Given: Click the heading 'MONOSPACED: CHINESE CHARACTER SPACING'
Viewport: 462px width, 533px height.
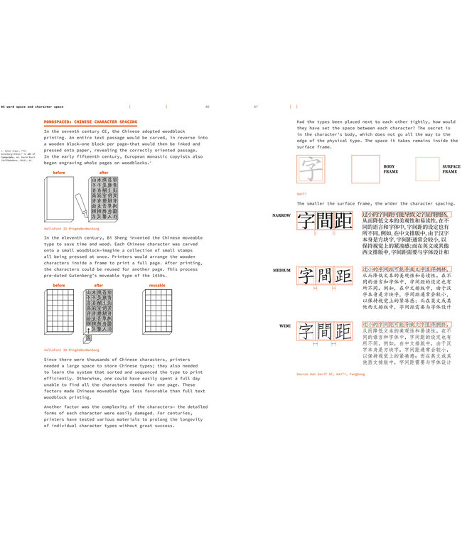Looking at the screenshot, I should pos(90,122).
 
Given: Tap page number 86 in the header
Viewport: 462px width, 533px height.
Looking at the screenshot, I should pos(208,107).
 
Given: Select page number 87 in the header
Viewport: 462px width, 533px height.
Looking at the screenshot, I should pos(255,107).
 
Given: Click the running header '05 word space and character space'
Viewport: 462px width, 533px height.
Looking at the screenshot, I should pos(32,107).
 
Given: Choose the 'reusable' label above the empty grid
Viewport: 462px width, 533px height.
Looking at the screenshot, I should pos(157,286).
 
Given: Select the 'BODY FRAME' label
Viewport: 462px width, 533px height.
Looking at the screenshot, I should pos(391,169).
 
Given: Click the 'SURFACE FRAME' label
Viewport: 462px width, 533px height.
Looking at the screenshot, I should pos(450,169).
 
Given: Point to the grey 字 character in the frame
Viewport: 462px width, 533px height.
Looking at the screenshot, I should pos(311,169).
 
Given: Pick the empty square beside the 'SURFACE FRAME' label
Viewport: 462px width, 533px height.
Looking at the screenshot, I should pos(427,169).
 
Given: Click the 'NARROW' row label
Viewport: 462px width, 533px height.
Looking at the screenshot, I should pos(281,215).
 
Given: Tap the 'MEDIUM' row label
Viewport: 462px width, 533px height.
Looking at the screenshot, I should pos(281,270).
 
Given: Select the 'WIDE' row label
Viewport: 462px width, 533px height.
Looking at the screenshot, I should pos(284,326).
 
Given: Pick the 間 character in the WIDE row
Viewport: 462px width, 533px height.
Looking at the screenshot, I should pos(324,332).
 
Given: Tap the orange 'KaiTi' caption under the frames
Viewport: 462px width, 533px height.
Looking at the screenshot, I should pos(301,193).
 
